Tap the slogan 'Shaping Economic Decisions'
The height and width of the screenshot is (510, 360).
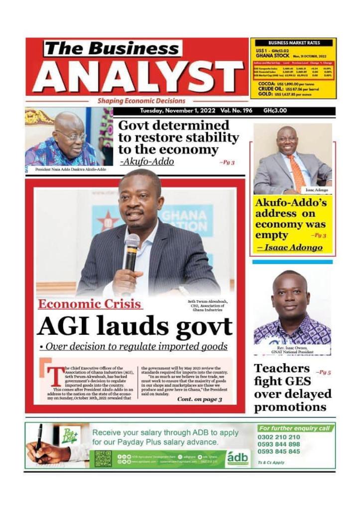tap(141, 101)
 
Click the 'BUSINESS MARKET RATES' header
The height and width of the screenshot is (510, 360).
tap(293, 43)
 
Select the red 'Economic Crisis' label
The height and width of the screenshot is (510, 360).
tap(90, 304)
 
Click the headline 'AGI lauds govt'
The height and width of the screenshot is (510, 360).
tap(134, 327)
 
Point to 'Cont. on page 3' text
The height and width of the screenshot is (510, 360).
tap(199, 399)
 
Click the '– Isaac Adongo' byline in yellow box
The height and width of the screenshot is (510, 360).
tap(289, 248)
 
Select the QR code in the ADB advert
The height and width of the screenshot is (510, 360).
tap(103, 458)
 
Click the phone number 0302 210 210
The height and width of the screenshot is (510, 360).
tap(279, 437)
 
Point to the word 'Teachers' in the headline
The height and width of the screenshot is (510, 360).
tap(282, 369)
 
